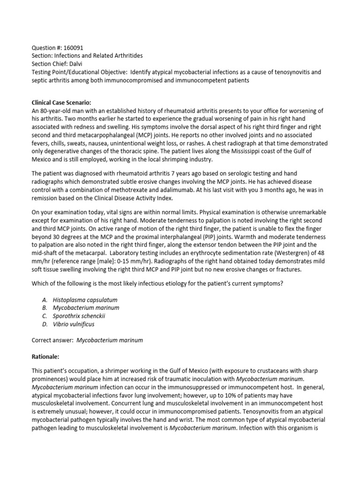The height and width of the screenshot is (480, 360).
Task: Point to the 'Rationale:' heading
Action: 46,356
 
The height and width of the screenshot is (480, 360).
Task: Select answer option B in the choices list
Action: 87,307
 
